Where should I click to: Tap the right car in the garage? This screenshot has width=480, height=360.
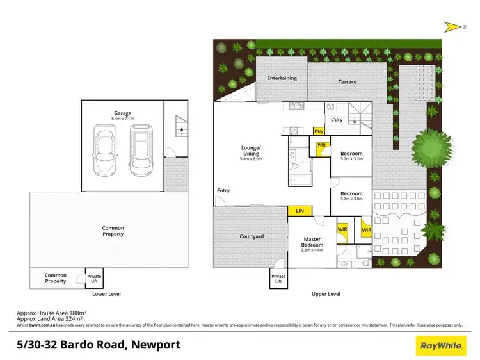pyautogui.click(x=140, y=149)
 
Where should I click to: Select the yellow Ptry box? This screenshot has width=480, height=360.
pyautogui.click(x=318, y=131)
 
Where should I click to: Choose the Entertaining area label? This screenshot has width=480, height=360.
pyautogui.click(x=282, y=78)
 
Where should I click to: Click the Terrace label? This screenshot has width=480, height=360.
pyautogui.click(x=348, y=82)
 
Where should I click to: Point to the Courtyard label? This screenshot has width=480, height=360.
pyautogui.click(x=251, y=236)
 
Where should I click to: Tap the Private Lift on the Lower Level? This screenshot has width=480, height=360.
pyautogui.click(x=94, y=278)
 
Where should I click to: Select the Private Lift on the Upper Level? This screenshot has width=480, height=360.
pyautogui.click(x=278, y=279)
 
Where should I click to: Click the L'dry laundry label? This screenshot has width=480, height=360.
pyautogui.click(x=337, y=119)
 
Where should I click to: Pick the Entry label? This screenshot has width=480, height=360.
pyautogui.click(x=223, y=190)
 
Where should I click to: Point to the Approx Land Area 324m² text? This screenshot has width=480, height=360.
pyautogui.click(x=51, y=318)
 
